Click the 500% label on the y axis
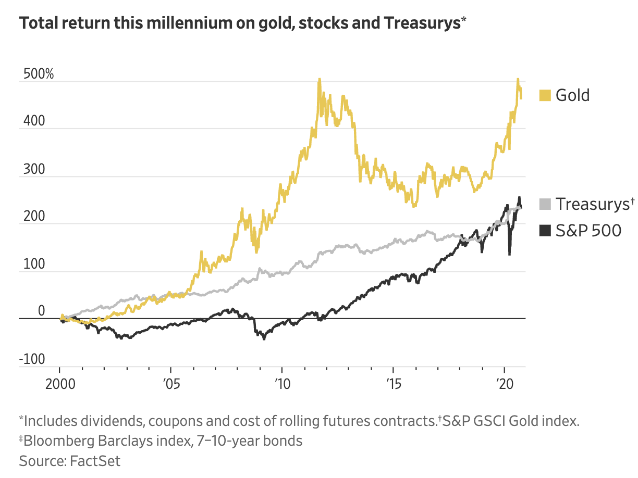(x=38, y=74)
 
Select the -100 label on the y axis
(x=31, y=359)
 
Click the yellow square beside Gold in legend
(x=545, y=95)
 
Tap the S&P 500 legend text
(x=588, y=230)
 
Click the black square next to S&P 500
(x=545, y=230)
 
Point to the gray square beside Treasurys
(x=545, y=204)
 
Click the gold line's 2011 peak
(x=320, y=80)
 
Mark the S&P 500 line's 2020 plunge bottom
(x=509, y=254)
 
